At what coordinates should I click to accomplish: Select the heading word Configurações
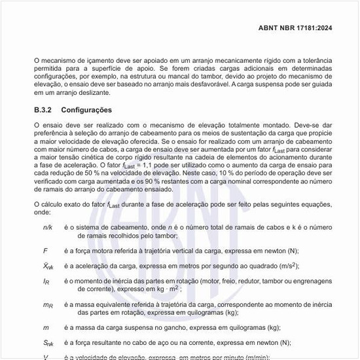(86, 110)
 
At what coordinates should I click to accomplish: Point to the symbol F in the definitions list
(45, 250)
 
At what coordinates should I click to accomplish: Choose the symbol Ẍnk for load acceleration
(48, 266)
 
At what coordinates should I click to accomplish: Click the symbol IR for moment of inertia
(46, 281)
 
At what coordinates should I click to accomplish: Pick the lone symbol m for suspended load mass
(46, 327)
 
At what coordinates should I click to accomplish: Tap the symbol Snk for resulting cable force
(48, 343)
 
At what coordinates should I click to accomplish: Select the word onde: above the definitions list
(43, 213)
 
